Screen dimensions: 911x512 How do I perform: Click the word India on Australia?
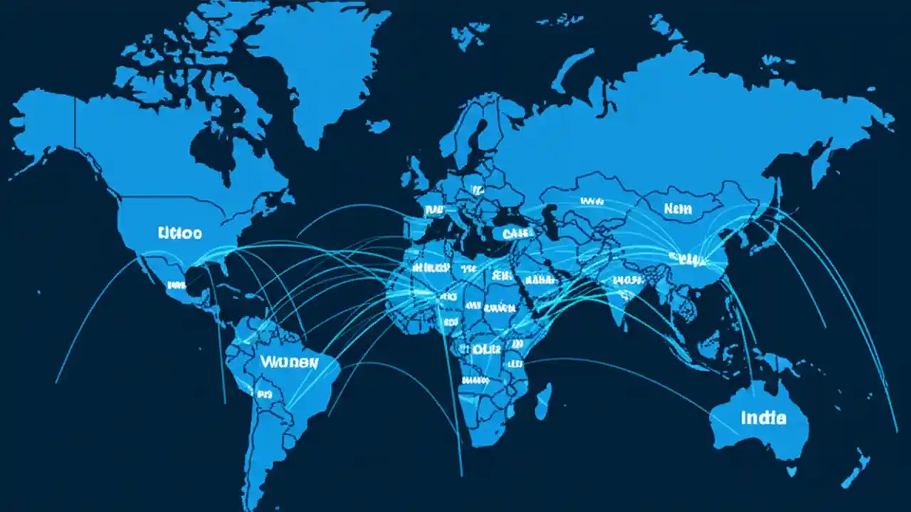[763, 417]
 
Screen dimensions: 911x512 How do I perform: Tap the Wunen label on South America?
[289, 361]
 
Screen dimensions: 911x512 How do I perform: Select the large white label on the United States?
[180, 233]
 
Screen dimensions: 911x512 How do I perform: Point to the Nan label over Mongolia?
[678, 208]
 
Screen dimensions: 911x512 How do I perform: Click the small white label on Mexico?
[177, 285]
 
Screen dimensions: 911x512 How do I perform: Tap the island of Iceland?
[378, 127]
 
